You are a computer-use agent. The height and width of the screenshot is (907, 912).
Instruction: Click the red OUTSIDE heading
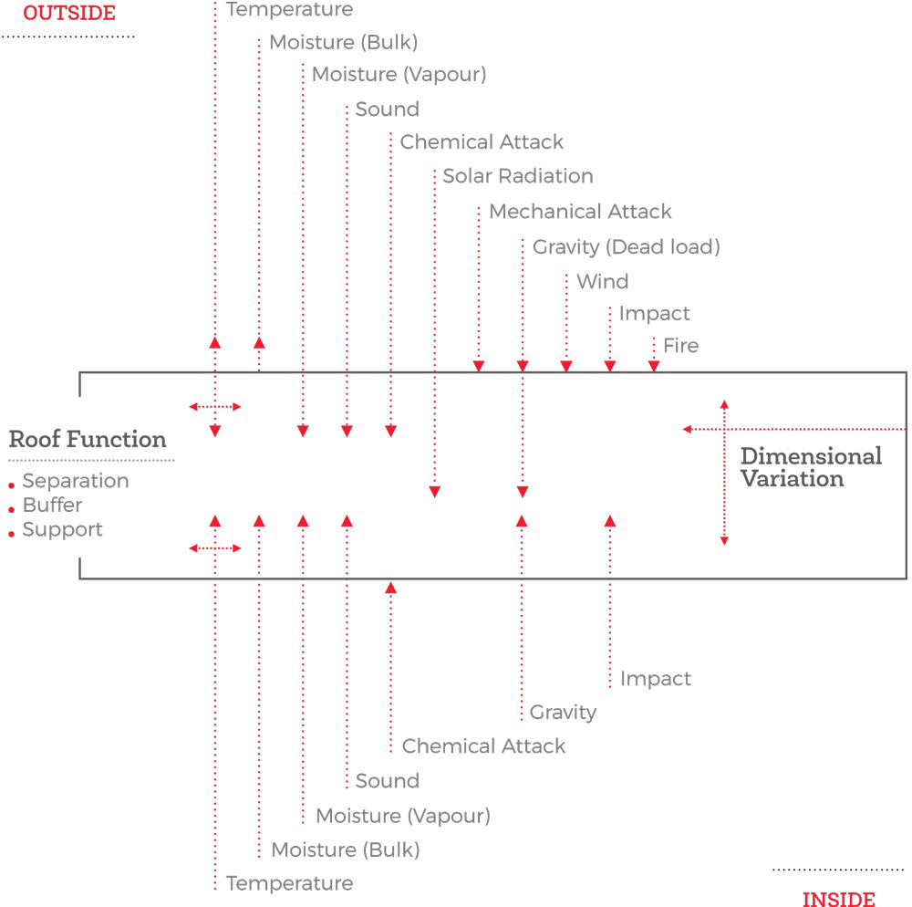click(69, 13)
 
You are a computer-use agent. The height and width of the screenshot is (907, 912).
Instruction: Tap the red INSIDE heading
click(839, 899)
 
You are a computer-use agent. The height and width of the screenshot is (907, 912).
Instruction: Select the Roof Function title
click(88, 439)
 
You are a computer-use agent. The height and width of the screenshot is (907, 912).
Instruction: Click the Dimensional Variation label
click(811, 467)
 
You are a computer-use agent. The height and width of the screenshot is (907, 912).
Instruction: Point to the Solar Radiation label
click(518, 176)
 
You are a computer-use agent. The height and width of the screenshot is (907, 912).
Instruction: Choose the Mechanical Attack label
click(580, 211)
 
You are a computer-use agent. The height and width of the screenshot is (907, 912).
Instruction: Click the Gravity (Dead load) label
click(627, 247)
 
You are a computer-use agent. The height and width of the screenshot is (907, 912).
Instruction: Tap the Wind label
click(603, 282)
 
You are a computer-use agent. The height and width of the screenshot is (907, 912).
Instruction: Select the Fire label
click(680, 346)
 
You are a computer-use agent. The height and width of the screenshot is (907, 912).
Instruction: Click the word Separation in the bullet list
click(76, 481)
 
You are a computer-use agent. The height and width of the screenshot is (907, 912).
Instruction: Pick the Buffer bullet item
click(52, 505)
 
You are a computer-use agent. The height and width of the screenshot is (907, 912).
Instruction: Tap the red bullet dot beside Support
click(12, 534)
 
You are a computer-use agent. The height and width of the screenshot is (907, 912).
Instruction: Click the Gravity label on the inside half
click(563, 713)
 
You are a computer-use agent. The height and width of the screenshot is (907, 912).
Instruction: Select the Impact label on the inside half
click(656, 679)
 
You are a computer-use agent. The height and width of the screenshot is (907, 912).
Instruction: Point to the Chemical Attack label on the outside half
click(482, 142)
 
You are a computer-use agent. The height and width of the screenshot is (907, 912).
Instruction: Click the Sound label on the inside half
click(388, 781)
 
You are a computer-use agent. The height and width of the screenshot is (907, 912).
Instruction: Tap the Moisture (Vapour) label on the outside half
click(399, 75)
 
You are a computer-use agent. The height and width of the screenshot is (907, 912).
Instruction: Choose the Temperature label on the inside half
click(290, 883)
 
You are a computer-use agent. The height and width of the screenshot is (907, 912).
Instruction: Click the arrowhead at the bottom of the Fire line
click(654, 366)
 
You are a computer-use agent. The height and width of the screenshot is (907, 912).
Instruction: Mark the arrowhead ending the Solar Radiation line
click(434, 492)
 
